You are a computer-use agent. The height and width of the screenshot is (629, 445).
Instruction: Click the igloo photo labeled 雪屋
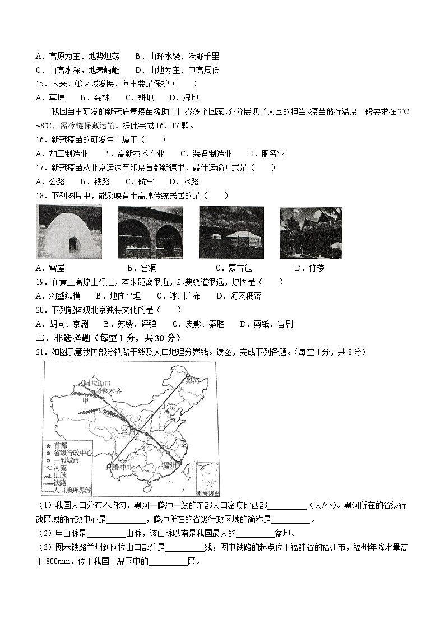[x=69, y=231]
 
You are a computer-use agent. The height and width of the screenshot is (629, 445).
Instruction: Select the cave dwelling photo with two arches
[x=150, y=232]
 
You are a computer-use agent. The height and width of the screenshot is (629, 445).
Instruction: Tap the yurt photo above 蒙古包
[x=231, y=232]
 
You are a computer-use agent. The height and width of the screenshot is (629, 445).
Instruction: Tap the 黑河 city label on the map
[x=192, y=380]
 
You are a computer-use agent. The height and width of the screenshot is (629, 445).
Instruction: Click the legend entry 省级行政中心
[x=69, y=453]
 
